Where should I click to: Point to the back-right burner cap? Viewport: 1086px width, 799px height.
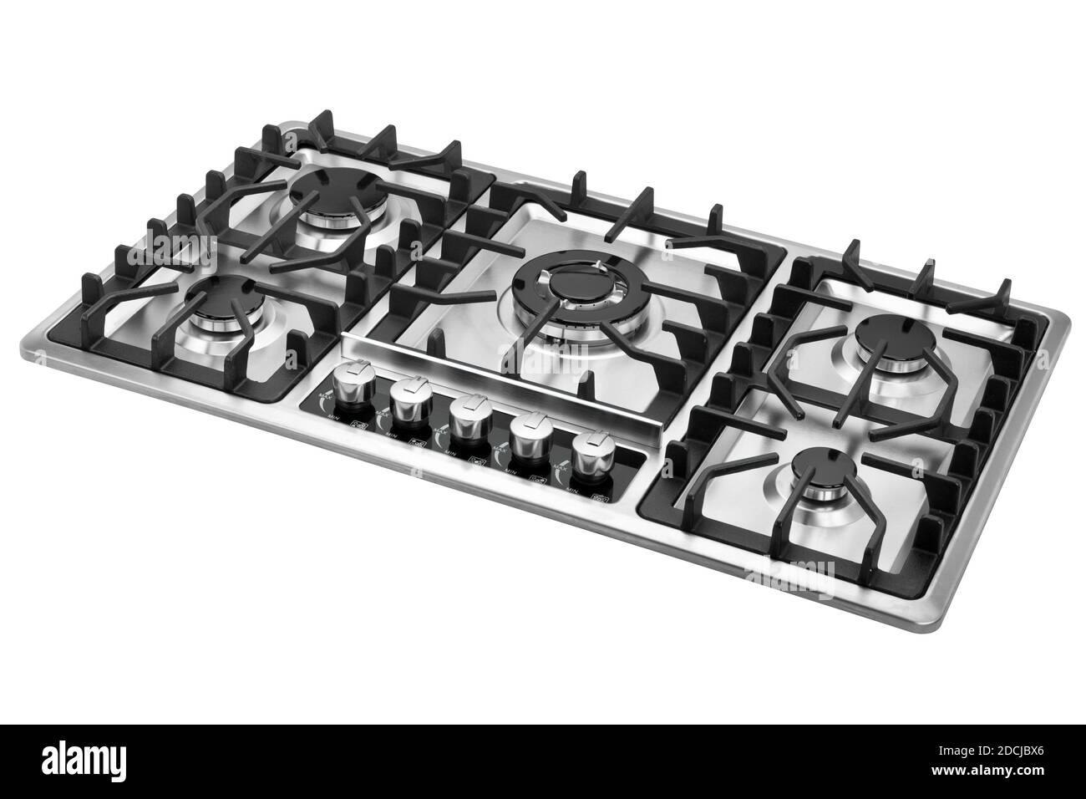[x=888, y=334]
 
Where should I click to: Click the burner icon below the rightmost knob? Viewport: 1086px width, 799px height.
[x=599, y=498]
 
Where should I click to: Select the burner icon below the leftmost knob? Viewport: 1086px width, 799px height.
[x=360, y=425]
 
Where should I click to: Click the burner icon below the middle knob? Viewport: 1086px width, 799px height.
[x=478, y=461]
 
